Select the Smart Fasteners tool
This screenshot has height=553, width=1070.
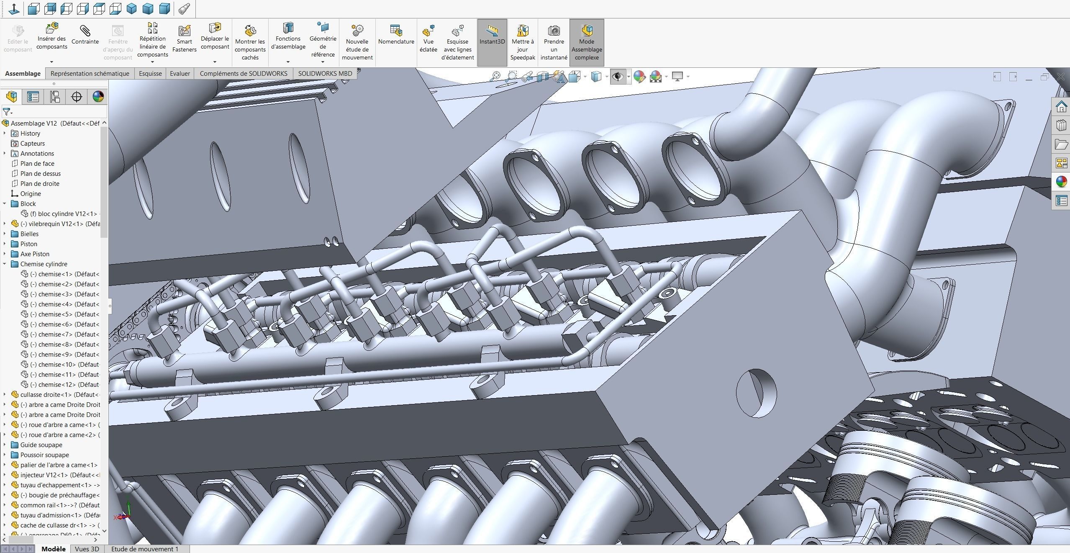pyautogui.click(x=184, y=38)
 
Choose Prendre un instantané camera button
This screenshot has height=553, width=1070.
pyautogui.click(x=554, y=42)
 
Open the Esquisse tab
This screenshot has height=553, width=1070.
pyautogui.click(x=150, y=73)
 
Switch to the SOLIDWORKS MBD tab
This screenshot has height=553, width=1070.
pyautogui.click(x=325, y=73)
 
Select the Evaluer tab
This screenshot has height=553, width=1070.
pyautogui.click(x=180, y=73)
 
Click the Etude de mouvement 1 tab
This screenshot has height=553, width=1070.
pyautogui.click(x=145, y=549)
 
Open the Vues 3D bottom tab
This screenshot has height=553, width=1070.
pyautogui.click(x=87, y=549)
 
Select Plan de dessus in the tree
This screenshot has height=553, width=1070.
pyautogui.click(x=40, y=173)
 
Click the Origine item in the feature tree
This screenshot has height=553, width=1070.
pyautogui.click(x=31, y=193)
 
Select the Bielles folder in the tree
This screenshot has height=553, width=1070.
pyautogui.click(x=29, y=234)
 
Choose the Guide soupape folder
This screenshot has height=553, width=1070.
pyautogui.click(x=41, y=445)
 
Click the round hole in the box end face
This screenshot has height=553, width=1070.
pyautogui.click(x=756, y=393)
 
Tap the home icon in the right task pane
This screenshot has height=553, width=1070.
pyautogui.click(x=1061, y=107)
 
